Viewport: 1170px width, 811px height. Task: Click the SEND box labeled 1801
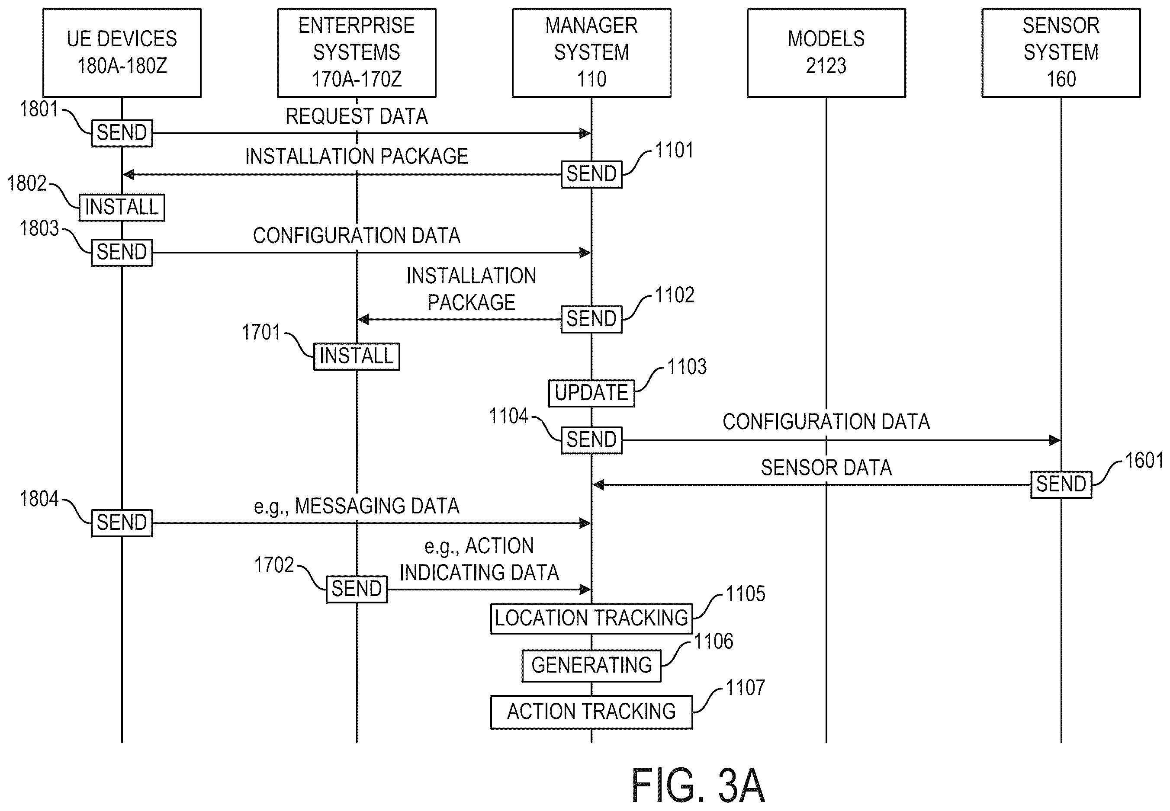pos(122,133)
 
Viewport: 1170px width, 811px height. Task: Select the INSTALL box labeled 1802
pos(122,207)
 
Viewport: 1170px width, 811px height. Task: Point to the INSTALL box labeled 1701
pos(357,356)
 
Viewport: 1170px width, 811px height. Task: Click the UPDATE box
pos(591,393)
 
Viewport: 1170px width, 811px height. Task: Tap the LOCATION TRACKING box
pos(591,619)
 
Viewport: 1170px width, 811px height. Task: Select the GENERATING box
pos(591,666)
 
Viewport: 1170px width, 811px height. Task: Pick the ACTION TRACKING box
pos(591,712)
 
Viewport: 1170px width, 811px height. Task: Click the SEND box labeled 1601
pos(1061,485)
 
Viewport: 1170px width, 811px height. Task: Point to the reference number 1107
pos(745,688)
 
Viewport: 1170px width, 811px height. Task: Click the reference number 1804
pos(39,499)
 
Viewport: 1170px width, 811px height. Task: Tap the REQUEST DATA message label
pos(357,116)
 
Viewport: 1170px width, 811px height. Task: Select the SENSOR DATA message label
pos(826,468)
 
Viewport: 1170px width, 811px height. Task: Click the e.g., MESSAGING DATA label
pos(357,506)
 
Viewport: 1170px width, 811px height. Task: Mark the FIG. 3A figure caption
pos(698,785)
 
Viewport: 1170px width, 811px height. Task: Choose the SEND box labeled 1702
pos(357,590)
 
